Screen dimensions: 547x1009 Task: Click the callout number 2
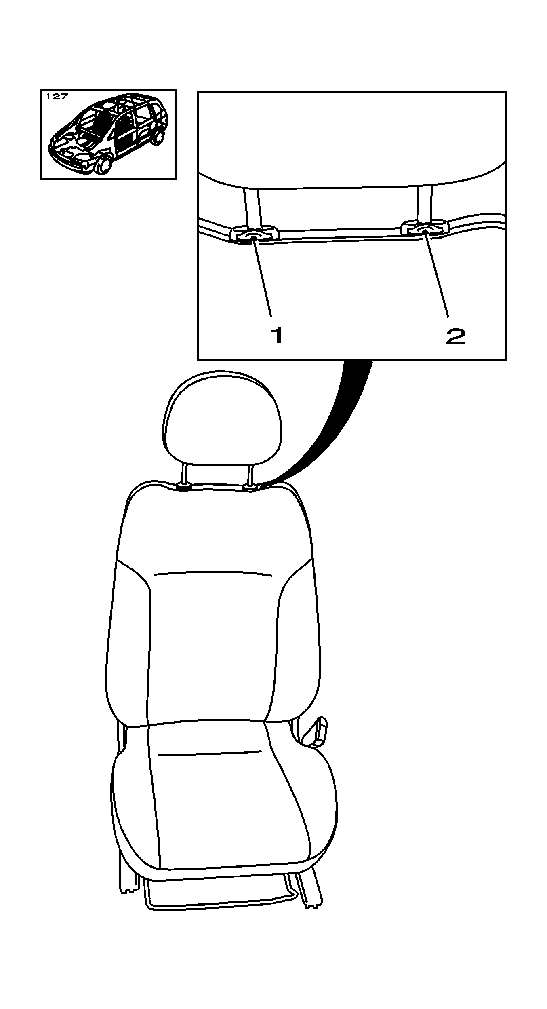coord(456,336)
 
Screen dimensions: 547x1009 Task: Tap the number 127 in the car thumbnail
coord(57,97)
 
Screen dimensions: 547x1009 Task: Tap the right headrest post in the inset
coord(425,204)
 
